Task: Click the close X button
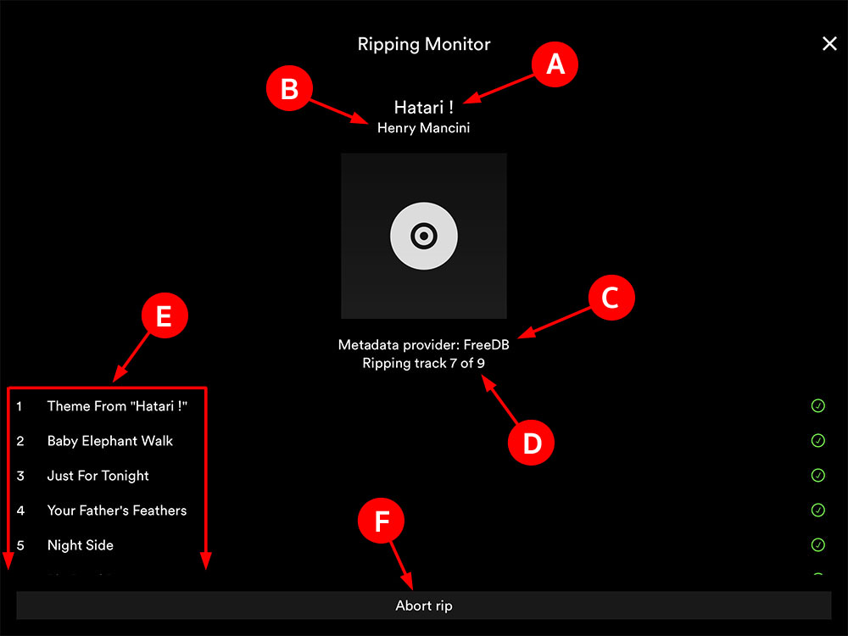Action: point(829,44)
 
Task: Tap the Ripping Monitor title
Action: point(424,44)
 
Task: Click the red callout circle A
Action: point(555,64)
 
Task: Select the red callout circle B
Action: point(289,89)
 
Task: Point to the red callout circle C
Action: point(612,298)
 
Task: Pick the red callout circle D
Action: point(531,443)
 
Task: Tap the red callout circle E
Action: point(164,317)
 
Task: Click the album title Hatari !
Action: point(424,108)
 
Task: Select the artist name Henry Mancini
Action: point(424,128)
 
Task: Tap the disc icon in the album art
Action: point(424,237)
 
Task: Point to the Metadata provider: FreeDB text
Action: point(424,345)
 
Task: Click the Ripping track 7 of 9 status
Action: point(424,364)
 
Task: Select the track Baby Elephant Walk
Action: point(110,441)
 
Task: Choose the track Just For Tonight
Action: point(98,476)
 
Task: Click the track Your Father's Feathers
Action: point(117,510)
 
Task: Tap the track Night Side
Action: point(81,545)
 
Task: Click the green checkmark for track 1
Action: point(818,406)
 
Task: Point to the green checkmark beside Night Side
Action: point(818,545)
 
